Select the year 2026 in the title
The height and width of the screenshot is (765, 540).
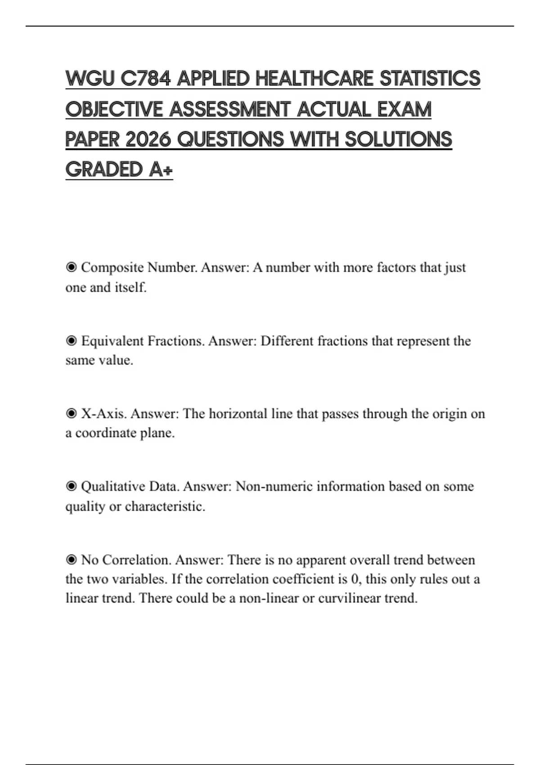[148, 139]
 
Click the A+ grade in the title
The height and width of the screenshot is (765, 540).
[160, 170]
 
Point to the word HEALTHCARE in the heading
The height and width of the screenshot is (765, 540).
[314, 79]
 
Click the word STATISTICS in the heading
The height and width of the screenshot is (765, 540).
[430, 79]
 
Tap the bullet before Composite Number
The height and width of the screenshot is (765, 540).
[71, 268]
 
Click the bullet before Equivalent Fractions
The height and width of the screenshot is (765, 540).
[71, 341]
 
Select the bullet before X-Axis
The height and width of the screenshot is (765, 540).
[71, 414]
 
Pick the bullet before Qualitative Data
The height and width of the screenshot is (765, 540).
[71, 486]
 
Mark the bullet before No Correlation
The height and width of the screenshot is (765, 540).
[71, 560]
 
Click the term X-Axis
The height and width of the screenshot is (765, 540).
[103, 414]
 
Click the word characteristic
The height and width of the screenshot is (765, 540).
[165, 507]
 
